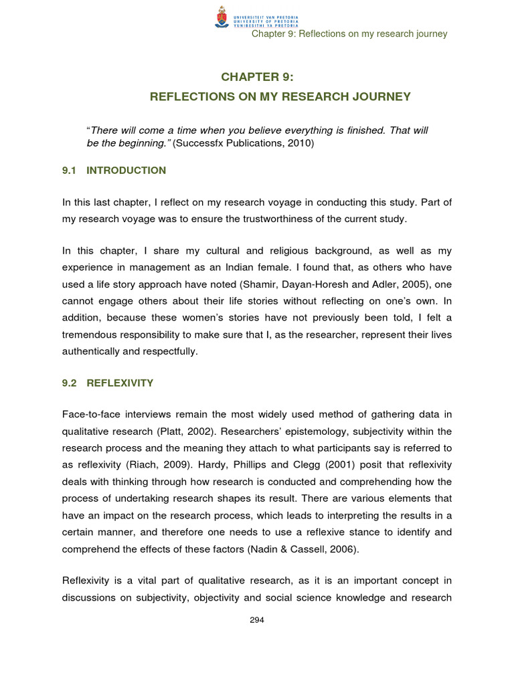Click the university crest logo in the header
coord(221,17)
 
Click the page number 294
coord(257,620)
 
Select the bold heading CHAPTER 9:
coord(257,77)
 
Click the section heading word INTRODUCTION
coord(126,171)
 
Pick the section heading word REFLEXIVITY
coord(120,383)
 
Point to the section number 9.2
coord(71,383)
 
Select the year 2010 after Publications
coord(298,143)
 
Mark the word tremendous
coord(94,334)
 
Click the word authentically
coord(92,351)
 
